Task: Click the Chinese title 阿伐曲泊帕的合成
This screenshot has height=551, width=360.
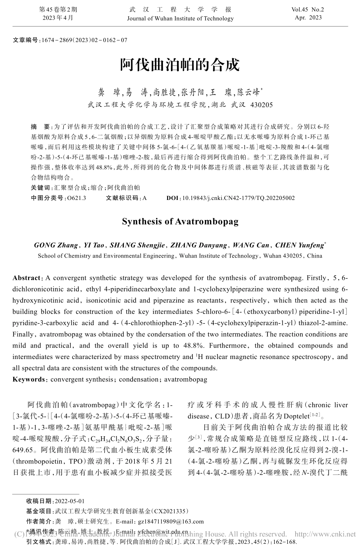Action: point(180,65)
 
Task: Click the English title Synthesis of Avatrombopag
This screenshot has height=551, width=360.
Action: point(180,222)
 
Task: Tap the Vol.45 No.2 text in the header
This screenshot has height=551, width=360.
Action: point(308,9)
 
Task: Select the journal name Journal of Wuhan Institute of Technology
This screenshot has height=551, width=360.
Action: point(180,19)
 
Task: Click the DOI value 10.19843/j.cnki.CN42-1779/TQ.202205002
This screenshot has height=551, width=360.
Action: point(238,198)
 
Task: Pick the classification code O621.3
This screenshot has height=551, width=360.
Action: point(76,198)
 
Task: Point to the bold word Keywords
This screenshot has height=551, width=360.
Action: point(28,379)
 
